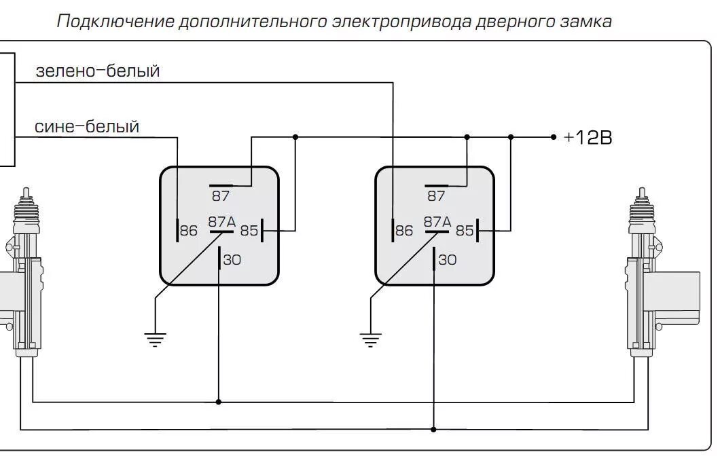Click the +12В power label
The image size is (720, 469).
coord(588,138)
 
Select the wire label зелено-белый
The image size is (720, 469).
coord(97,71)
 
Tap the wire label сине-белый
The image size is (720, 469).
coord(87,126)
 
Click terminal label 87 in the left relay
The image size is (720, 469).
coord(221,196)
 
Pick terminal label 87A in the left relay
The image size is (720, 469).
coord(221,221)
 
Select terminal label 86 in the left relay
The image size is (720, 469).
coord(189,231)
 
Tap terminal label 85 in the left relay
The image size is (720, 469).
coord(249,231)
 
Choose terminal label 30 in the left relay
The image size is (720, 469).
coord(232,259)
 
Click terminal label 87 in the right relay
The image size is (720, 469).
coord(436,196)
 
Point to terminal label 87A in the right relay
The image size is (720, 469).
coord(437,221)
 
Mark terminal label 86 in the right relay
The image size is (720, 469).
coord(404,231)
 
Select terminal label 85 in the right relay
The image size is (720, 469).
coord(465,231)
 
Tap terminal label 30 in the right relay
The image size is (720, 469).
coord(447,259)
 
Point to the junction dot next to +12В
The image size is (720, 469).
coord(554,137)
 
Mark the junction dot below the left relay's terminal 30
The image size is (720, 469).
coord(219,402)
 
